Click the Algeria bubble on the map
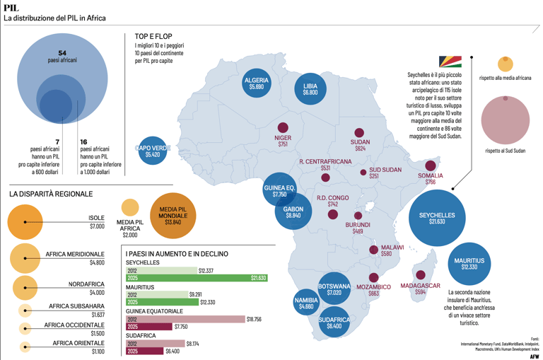click(x=256, y=85)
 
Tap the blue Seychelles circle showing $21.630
click(x=437, y=218)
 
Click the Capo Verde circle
click(x=153, y=150)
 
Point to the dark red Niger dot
click(x=283, y=129)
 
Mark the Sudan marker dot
click(x=360, y=133)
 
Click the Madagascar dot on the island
click(x=421, y=275)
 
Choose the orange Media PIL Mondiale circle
click(x=173, y=214)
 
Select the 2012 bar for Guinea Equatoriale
click(x=185, y=319)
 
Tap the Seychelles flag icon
click(x=450, y=63)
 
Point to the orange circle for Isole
click(x=25, y=221)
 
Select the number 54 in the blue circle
click(x=62, y=53)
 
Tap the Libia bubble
click(x=310, y=89)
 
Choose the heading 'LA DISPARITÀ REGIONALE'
click(x=51, y=193)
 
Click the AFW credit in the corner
click(x=534, y=356)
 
